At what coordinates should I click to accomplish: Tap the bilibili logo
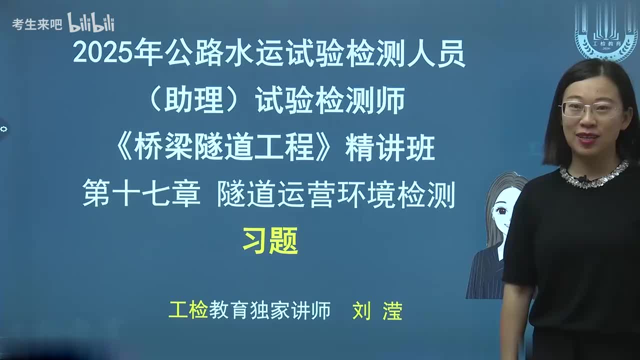90,22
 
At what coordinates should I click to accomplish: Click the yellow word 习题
270,240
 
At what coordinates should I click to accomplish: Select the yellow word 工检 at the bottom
188,310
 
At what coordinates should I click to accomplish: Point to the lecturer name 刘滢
377,311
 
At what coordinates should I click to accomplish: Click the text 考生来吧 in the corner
37,24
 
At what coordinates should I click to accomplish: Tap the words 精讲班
390,149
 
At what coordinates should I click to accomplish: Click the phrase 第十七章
141,194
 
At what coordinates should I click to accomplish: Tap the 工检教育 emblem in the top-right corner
605,31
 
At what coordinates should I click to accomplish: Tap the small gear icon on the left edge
4,129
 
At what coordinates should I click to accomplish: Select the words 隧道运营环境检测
336,194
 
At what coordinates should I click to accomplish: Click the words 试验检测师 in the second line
330,101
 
